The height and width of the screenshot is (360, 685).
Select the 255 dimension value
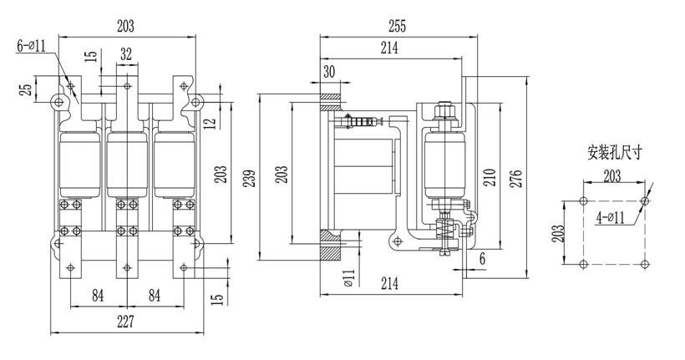pos(397,27)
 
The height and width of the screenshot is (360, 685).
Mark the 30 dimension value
pos(329,72)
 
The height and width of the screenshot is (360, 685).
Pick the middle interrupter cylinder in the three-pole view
pos(126,163)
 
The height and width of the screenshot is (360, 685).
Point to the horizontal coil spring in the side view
pos(361,123)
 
